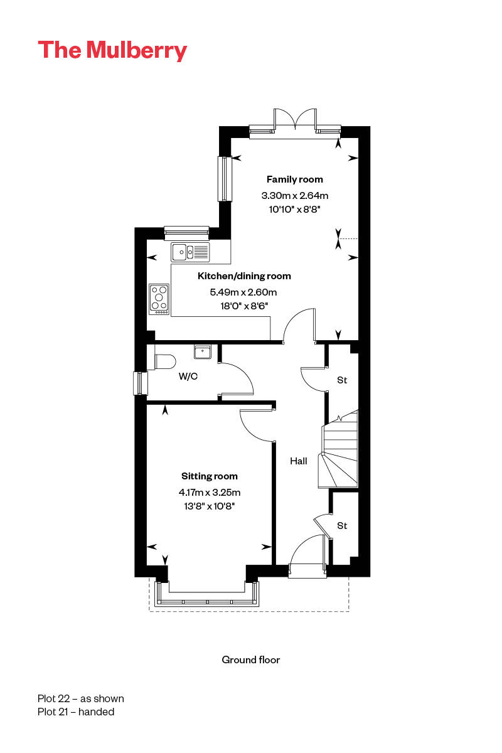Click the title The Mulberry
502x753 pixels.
tap(112, 50)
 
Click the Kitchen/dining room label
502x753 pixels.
tap(244, 276)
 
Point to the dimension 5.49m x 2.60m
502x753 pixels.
tap(243, 292)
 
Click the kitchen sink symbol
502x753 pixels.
tap(191, 252)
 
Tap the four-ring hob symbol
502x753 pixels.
tap(159, 299)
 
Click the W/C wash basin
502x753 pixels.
tap(203, 351)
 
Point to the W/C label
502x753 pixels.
tap(188, 377)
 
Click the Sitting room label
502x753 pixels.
tap(210, 476)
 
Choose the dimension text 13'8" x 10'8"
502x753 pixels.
tap(210, 506)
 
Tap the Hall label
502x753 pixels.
tap(299, 461)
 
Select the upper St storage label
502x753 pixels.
tap(342, 380)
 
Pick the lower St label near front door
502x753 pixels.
tap(342, 526)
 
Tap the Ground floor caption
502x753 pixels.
tap(251, 660)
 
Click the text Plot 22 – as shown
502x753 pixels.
tap(81, 698)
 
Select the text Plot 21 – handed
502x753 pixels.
tap(76, 712)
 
